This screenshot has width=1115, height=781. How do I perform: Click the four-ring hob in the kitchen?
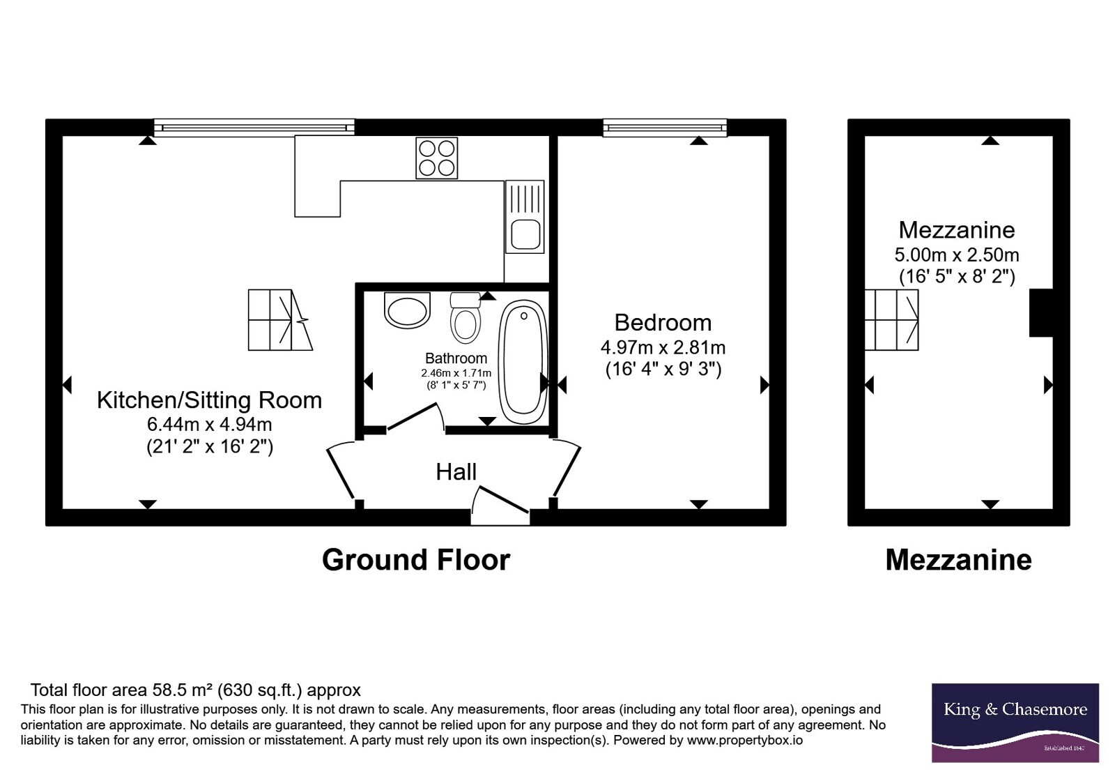click(x=436, y=158)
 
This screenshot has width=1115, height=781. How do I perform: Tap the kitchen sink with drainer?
click(x=525, y=217)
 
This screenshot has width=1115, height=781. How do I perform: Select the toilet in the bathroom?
click(x=466, y=318)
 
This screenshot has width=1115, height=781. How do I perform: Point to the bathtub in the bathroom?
click(x=523, y=362)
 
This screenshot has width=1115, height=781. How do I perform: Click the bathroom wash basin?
click(x=407, y=310)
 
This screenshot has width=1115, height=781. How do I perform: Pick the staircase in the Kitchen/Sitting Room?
click(x=280, y=320)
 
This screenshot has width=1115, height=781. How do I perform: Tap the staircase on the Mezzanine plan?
click(x=891, y=320)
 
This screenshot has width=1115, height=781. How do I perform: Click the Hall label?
click(x=456, y=471)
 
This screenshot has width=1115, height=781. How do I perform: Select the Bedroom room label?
click(x=663, y=322)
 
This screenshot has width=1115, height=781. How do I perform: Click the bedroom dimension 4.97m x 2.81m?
click(x=663, y=347)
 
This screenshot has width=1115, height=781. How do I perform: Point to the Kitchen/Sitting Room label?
click(x=209, y=400)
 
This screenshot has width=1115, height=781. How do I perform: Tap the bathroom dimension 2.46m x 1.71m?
click(x=456, y=372)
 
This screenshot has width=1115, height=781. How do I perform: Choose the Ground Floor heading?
click(x=416, y=560)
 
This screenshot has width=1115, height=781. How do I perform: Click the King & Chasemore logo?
click(x=1015, y=722)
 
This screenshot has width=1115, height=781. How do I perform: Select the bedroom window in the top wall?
click(x=665, y=128)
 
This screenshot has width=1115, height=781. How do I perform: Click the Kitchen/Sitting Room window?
click(x=254, y=128)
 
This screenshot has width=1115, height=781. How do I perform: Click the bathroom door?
click(x=415, y=416)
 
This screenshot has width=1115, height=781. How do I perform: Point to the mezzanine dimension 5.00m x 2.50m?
click(x=957, y=255)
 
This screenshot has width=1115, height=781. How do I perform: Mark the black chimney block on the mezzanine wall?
click(x=1041, y=313)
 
